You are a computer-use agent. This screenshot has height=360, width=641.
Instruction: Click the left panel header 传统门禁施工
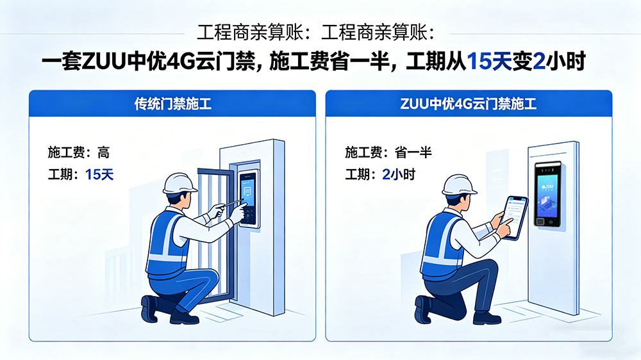click(x=172, y=104)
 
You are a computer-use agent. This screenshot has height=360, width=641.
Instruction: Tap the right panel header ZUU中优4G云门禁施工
click(x=469, y=104)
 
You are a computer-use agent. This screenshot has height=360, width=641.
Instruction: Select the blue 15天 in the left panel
click(x=99, y=175)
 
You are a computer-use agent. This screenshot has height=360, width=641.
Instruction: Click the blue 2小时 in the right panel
click(x=399, y=175)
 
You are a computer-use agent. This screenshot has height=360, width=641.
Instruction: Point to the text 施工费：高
click(x=78, y=152)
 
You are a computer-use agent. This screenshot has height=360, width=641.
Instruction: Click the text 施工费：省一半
click(x=388, y=152)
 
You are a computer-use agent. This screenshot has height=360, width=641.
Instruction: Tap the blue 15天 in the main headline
click(x=489, y=61)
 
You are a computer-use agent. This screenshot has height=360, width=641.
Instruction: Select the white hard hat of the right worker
click(x=460, y=185)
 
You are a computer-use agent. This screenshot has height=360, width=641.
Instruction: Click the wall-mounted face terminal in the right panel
click(x=548, y=194)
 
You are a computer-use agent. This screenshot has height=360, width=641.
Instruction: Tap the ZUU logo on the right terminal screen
click(x=547, y=187)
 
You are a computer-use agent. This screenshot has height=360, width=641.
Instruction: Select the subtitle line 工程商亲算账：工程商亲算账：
click(x=317, y=33)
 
